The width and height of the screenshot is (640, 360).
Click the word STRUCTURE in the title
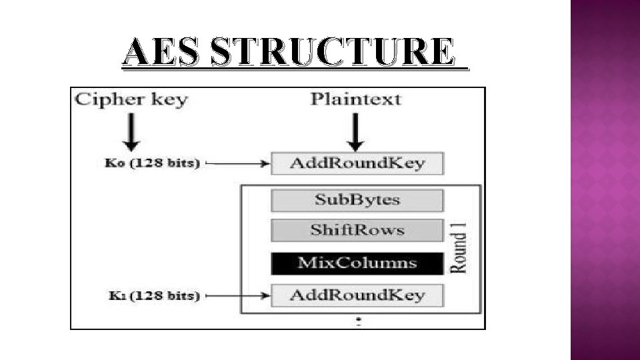(331, 52)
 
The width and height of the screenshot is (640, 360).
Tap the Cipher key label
(131, 100)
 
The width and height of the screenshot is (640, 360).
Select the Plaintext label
(357, 99)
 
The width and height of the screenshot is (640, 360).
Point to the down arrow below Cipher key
(133, 131)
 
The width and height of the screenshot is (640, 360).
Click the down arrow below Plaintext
(357, 131)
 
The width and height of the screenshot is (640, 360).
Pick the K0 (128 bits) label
(152, 163)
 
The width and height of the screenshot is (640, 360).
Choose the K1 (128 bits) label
(152, 295)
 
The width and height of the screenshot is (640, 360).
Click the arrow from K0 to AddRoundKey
(239, 163)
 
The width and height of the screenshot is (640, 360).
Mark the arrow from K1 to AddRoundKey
(239, 295)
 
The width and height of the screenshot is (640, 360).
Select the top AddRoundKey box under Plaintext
(357, 163)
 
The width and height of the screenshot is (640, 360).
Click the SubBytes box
(357, 200)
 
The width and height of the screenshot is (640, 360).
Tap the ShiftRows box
(357, 231)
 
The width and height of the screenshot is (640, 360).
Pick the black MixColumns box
(357, 263)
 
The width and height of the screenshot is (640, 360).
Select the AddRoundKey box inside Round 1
(357, 295)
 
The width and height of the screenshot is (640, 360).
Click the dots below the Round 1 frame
(359, 322)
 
